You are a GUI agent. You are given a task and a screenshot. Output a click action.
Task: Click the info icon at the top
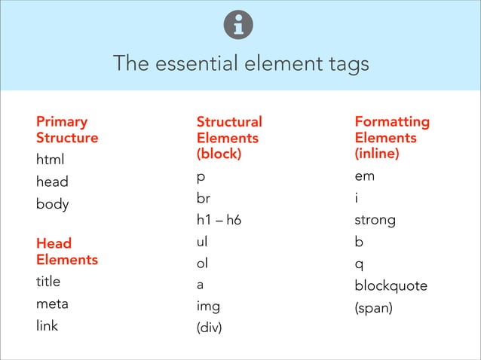tap(240, 26)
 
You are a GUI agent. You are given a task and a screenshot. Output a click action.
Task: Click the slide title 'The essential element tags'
tap(240, 63)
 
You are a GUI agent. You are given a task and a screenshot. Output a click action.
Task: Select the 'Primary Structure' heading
tap(67, 130)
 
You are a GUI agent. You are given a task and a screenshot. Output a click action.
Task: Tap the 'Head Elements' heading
tap(67, 252)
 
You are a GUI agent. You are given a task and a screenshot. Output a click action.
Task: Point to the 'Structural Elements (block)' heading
tap(229, 138)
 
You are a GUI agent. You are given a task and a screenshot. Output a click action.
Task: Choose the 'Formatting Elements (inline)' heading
tap(392, 138)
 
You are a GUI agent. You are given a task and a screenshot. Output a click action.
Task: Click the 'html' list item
tap(51, 160)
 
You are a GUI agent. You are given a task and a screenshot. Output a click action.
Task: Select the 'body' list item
tap(52, 204)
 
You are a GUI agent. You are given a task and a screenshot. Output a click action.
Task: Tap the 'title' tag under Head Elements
tap(48, 282)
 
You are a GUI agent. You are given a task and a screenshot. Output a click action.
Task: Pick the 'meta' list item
tap(52, 304)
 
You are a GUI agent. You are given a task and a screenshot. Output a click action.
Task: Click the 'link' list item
tap(47, 326)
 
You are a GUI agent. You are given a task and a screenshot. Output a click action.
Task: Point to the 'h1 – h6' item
tap(219, 221)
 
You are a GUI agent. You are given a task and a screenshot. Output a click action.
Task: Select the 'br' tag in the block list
tap(204, 199)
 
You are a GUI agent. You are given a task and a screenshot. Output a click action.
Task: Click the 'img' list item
tap(208, 307)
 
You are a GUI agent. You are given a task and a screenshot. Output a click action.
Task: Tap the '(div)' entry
tap(210, 329)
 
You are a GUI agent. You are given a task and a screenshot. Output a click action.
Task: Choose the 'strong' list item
tap(375, 221)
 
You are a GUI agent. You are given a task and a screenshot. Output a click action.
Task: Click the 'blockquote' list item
tap(391, 286)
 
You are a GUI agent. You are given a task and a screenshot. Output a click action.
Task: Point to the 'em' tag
tap(364, 177)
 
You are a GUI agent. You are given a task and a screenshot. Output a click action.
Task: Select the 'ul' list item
tap(201, 243)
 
